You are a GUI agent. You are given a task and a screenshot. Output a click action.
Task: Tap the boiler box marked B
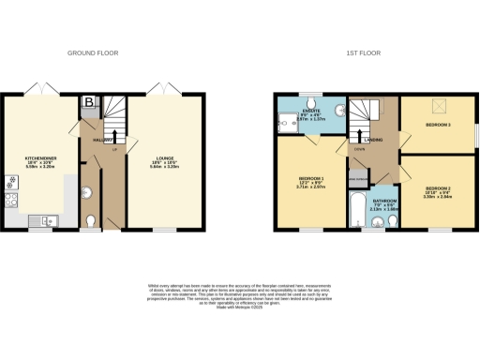point(89,102)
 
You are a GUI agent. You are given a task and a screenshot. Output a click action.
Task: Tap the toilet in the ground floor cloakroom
point(89,221)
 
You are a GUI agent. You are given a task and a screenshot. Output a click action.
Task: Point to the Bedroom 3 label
point(439,125)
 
